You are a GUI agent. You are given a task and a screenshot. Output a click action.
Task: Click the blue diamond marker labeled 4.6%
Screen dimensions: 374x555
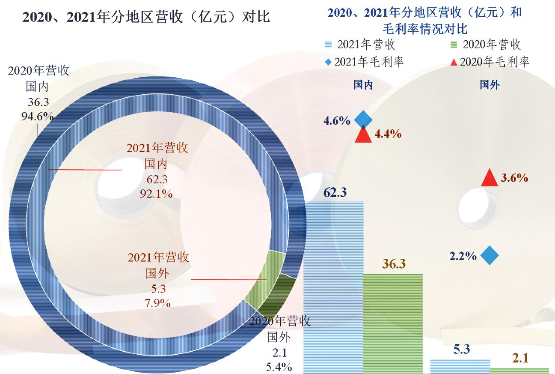[x=362, y=119]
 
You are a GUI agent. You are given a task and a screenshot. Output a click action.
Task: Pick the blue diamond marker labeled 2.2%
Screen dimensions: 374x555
[x=490, y=256]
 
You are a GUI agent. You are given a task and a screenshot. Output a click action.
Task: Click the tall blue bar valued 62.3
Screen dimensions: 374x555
[x=333, y=287]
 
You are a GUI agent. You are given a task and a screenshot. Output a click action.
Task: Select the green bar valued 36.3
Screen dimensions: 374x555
[x=392, y=323]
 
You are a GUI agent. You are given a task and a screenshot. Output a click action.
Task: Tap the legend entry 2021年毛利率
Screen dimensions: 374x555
[x=364, y=62]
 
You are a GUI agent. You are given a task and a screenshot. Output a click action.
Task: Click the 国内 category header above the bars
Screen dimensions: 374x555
[x=363, y=85]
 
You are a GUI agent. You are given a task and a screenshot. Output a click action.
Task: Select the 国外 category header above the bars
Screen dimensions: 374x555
[x=489, y=85]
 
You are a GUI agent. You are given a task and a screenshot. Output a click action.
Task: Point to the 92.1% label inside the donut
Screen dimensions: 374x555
[x=156, y=194]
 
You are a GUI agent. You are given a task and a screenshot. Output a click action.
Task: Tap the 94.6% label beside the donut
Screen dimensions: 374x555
[x=37, y=116]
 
